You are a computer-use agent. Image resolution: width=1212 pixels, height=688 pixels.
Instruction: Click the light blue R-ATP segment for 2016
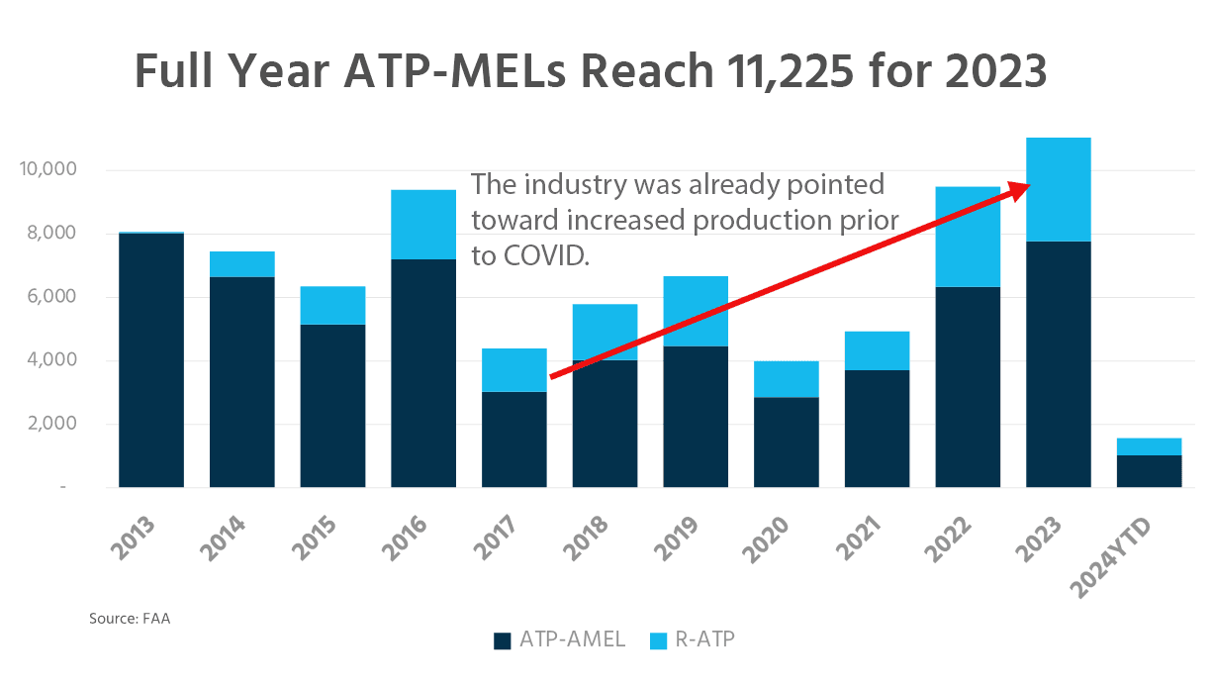(423, 225)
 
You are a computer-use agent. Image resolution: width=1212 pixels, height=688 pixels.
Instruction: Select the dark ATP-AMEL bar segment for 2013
(151, 360)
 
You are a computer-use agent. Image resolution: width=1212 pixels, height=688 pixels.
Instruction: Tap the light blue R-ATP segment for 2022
(968, 237)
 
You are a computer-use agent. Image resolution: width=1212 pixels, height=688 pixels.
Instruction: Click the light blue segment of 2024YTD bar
(1149, 446)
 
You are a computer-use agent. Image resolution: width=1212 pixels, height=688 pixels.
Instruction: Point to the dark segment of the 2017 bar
(514, 440)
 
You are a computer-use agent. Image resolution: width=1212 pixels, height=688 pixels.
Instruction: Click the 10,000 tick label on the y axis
(47, 170)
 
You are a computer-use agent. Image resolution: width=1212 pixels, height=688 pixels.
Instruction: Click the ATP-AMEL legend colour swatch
(503, 640)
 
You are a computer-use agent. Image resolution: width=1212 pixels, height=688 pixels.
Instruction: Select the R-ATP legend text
(704, 639)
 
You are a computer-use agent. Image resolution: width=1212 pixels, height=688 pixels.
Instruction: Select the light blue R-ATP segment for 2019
(696, 311)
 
